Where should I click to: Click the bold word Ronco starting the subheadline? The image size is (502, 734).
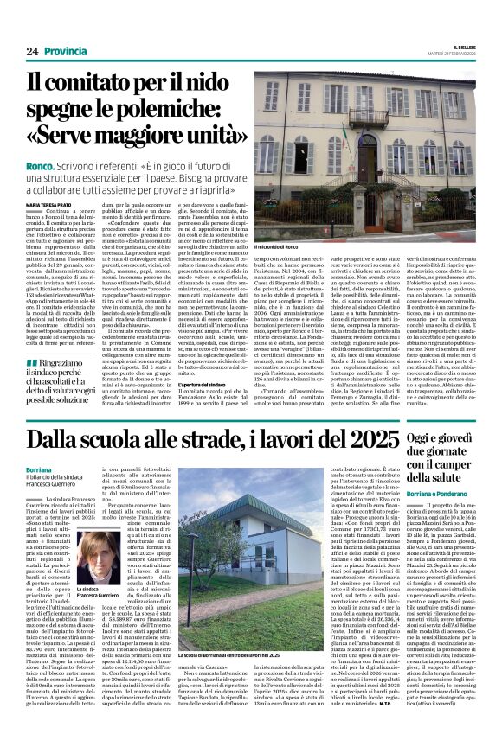tap(40, 157)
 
